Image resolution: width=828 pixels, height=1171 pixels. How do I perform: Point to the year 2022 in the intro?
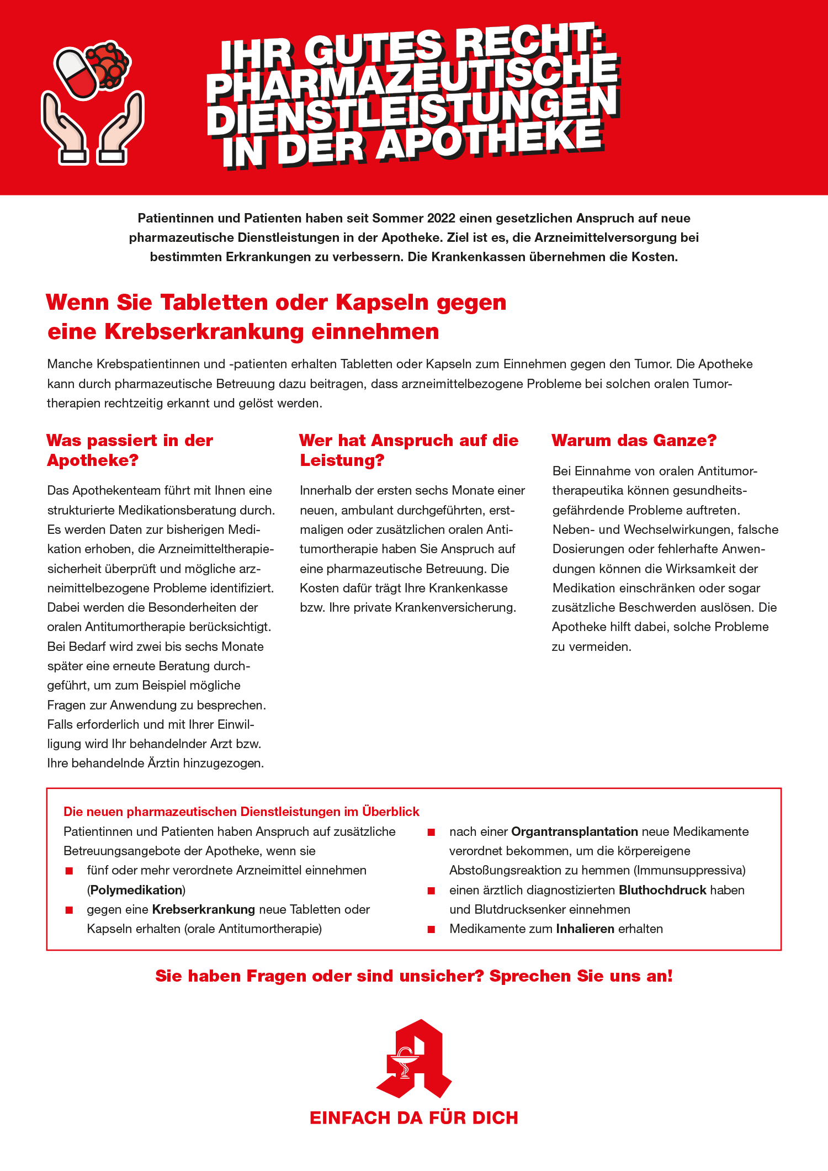[x=441, y=218]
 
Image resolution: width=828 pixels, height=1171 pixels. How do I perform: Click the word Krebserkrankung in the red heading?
[x=204, y=332]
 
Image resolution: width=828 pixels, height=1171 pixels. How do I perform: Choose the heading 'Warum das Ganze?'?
[x=634, y=441]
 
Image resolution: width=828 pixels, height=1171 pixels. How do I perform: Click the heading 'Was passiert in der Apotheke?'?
[x=130, y=450]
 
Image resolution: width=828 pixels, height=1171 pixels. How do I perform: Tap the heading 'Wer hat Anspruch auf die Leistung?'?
[x=408, y=450]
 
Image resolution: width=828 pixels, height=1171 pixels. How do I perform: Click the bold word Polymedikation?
[x=136, y=890]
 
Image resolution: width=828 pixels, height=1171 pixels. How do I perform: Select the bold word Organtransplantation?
[x=575, y=831]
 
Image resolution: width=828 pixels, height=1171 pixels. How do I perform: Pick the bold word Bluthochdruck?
[x=662, y=890]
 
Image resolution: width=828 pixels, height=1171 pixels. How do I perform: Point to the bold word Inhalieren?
[x=585, y=929]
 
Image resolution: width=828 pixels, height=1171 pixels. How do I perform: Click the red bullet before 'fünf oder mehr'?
[x=70, y=871]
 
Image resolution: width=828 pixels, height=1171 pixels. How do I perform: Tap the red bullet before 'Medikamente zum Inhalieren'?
[x=432, y=929]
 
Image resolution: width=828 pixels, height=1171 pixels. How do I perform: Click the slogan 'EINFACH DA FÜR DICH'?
[x=414, y=1117]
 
